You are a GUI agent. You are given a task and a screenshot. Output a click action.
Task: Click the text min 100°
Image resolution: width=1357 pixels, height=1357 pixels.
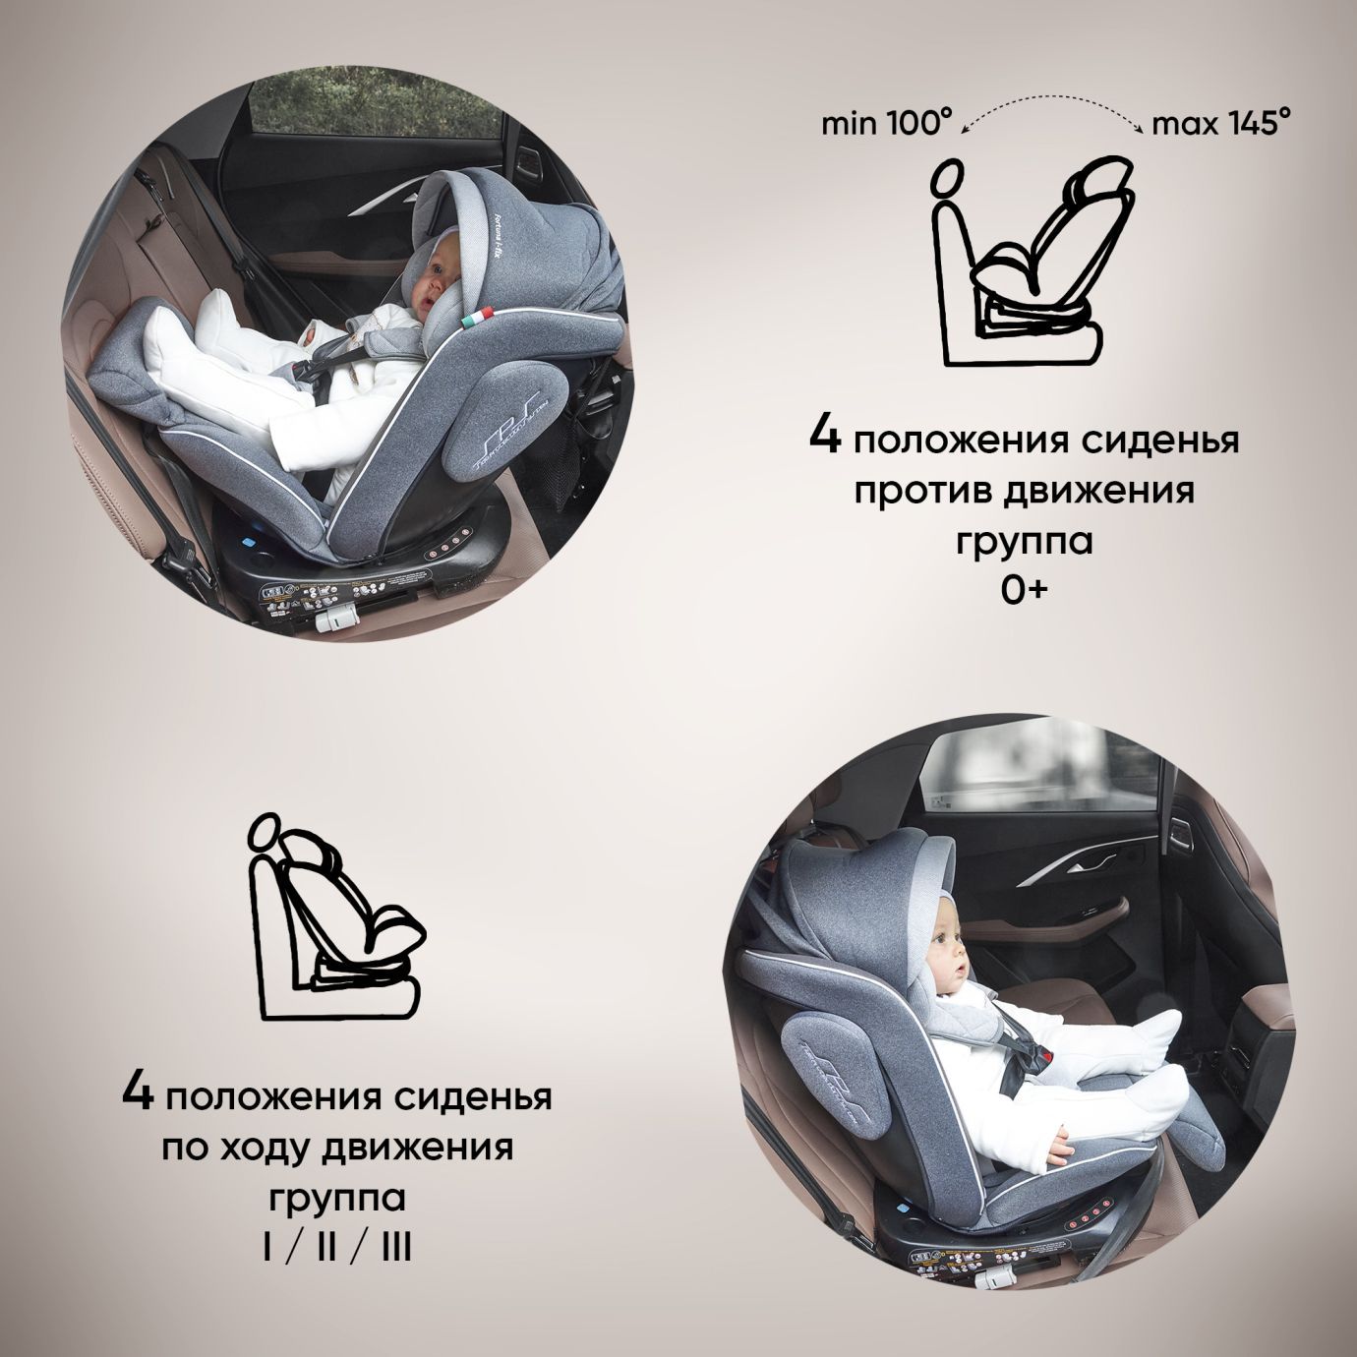pos(887,124)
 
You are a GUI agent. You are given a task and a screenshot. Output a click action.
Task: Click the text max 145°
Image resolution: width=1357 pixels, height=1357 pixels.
pos(1220,124)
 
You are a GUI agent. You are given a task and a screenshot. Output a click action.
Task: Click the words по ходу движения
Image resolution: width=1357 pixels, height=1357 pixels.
pos(337,1148)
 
